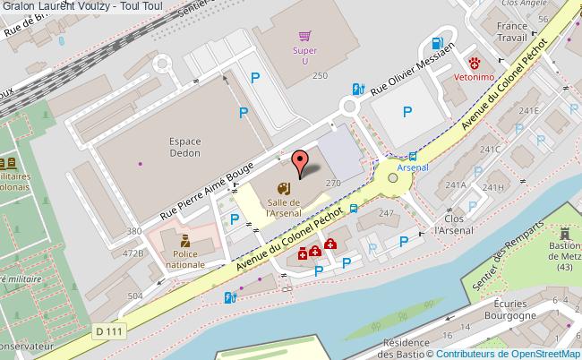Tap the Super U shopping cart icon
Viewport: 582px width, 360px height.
[x=306, y=37]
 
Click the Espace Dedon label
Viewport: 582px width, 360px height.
[x=184, y=147]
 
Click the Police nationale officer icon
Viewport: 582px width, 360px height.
[x=184, y=242]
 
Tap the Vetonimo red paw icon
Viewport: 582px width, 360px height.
[x=475, y=64]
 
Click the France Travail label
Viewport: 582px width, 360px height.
[x=511, y=33]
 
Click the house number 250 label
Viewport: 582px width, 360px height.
[x=320, y=77]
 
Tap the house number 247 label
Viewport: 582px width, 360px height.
[x=386, y=213]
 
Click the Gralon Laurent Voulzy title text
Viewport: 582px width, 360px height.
[x=81, y=7]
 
